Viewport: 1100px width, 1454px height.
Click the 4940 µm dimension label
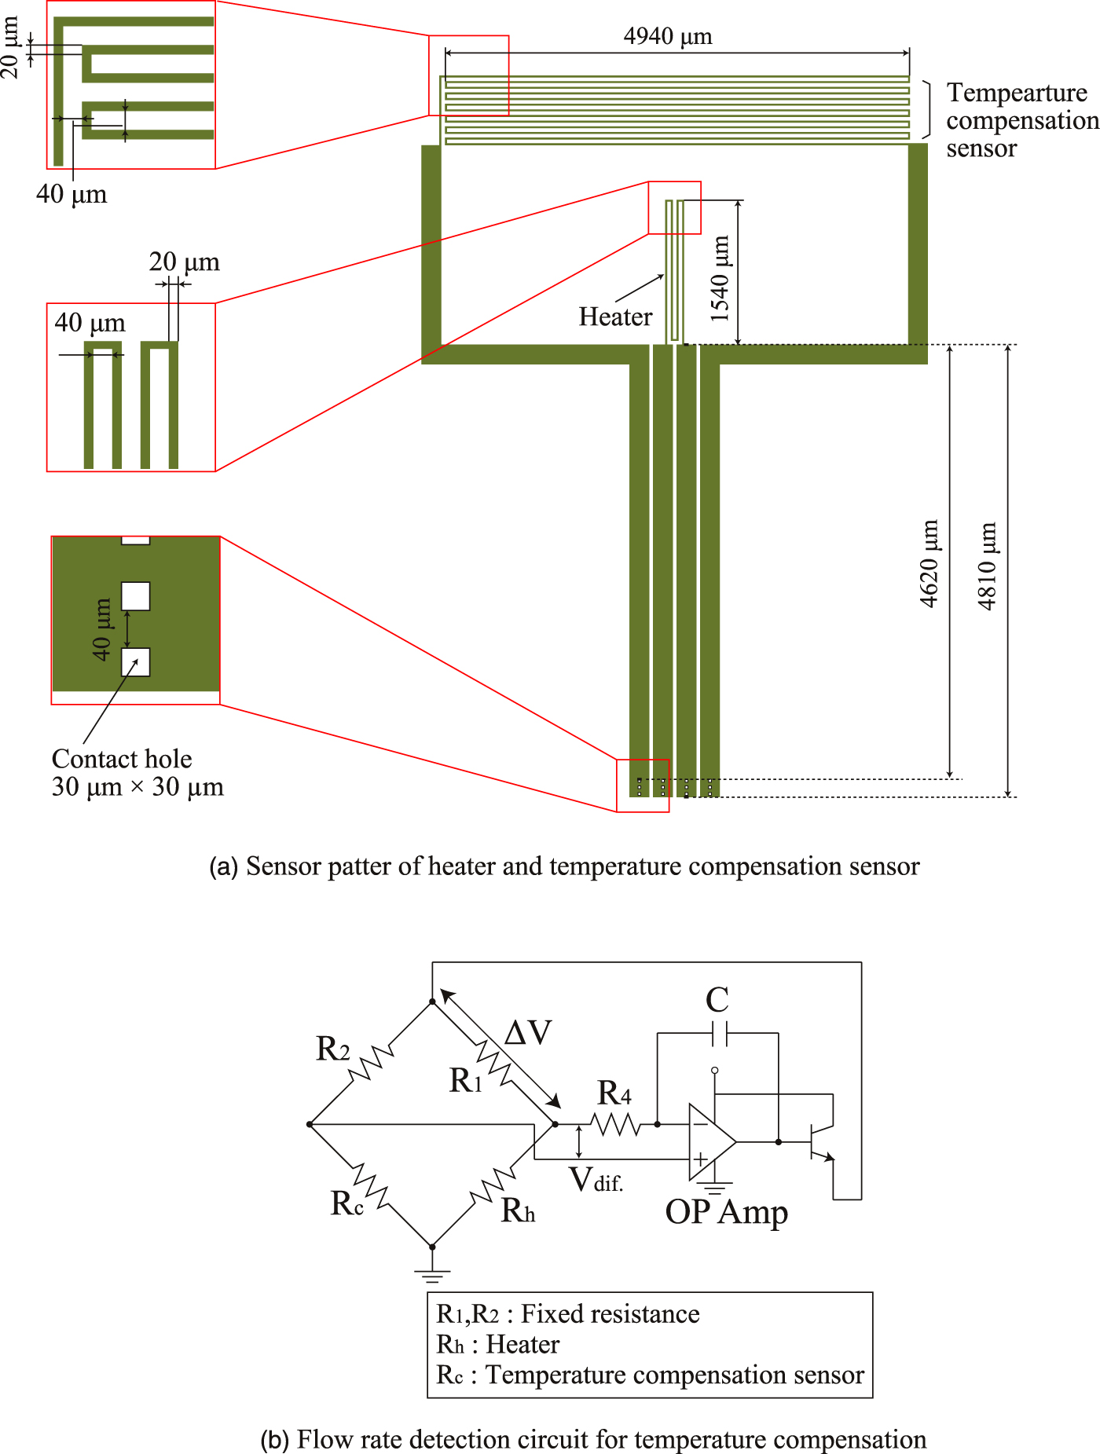(x=667, y=37)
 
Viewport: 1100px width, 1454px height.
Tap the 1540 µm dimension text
(x=720, y=279)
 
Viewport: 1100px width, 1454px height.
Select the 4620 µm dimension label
(x=929, y=563)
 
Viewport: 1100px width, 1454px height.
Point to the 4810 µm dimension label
(x=988, y=566)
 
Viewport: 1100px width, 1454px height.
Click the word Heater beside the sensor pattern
(x=615, y=317)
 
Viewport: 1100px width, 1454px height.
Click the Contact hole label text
(x=122, y=759)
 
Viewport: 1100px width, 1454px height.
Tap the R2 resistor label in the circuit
(x=333, y=1049)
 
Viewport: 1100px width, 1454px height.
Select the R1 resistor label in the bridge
(x=466, y=1081)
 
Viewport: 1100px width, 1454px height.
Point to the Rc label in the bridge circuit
(x=347, y=1203)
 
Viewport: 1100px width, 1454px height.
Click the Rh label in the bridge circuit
(x=519, y=1210)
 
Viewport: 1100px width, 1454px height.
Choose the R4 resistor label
(x=614, y=1093)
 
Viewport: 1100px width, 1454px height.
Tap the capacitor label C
(x=717, y=1001)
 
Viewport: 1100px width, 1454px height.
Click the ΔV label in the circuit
(x=528, y=1032)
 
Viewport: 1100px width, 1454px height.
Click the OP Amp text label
(x=727, y=1212)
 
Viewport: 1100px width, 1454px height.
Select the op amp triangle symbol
(x=712, y=1142)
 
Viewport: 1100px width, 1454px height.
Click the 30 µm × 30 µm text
(x=137, y=786)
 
